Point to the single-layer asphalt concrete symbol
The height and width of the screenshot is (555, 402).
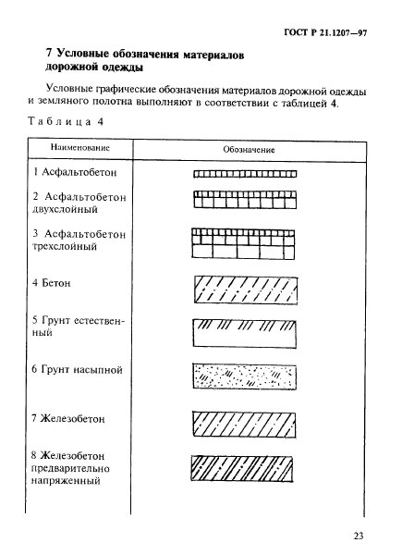[x=246, y=173]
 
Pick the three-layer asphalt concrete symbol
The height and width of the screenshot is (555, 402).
[x=246, y=243]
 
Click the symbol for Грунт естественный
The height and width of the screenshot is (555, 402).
[x=246, y=331]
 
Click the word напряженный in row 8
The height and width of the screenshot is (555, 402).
[x=66, y=482]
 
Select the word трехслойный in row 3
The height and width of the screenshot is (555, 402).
[x=66, y=248]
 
